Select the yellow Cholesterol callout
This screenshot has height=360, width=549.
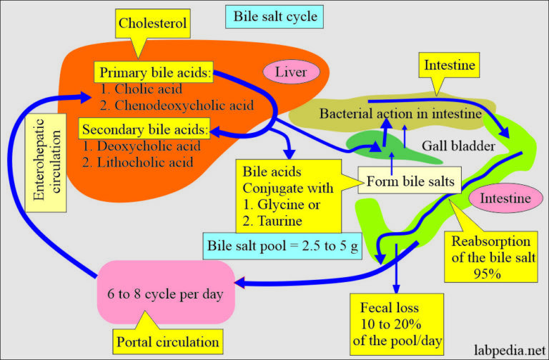click(153, 24)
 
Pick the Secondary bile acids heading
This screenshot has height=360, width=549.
click(146, 130)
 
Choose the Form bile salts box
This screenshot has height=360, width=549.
click(409, 181)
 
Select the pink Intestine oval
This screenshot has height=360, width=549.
click(505, 197)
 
